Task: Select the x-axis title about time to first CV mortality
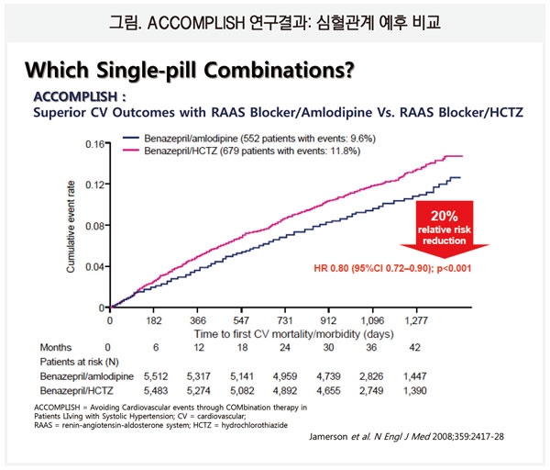[x=276, y=333]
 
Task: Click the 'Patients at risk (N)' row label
[x=77, y=363]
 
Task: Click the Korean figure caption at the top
[x=275, y=20]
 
